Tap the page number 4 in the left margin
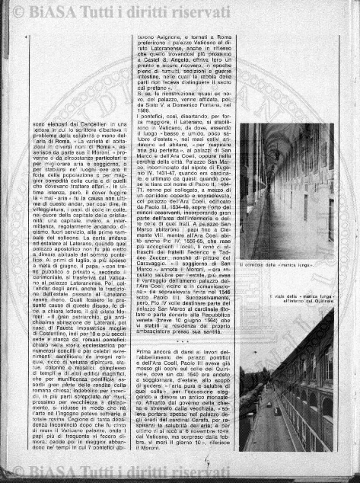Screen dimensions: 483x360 click(26, 35)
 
